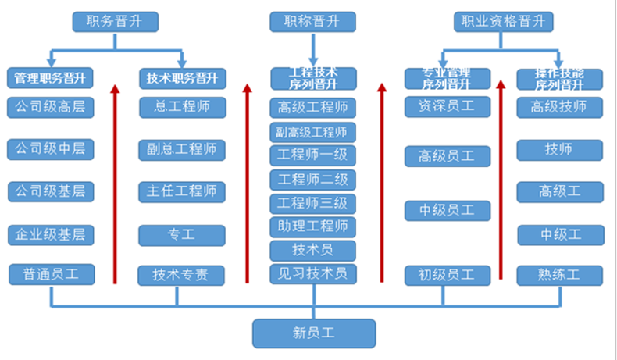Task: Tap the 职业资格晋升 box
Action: pyautogui.click(x=503, y=21)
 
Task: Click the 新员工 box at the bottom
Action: pyautogui.click(x=313, y=333)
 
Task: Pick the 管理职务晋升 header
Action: pyautogui.click(x=50, y=78)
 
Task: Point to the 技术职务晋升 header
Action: pyautogui.click(x=182, y=78)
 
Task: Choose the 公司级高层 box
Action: pyautogui.click(x=51, y=107)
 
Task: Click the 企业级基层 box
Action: pyautogui.click(x=51, y=233)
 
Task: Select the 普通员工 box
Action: pyautogui.click(x=51, y=274)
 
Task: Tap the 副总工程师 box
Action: pyautogui.click(x=182, y=149)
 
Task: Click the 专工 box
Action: pyautogui.click(x=182, y=233)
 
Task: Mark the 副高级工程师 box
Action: pyautogui.click(x=312, y=131)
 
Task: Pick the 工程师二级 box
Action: pyautogui.click(x=312, y=180)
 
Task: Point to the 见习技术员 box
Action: pyautogui.click(x=312, y=273)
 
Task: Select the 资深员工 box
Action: pyautogui.click(x=447, y=106)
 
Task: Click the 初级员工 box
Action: pyautogui.click(x=447, y=275)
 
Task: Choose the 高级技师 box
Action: pyautogui.click(x=559, y=106)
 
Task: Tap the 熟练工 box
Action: pyautogui.click(x=559, y=275)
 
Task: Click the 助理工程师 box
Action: pyautogui.click(x=312, y=227)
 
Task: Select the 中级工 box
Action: pyautogui.click(x=559, y=233)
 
